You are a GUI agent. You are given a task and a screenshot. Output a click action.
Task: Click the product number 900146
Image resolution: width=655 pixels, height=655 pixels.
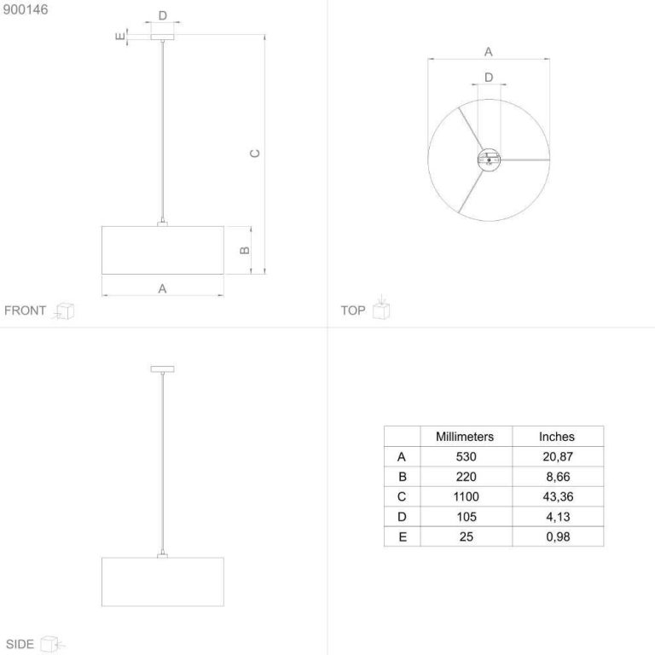[26, 9]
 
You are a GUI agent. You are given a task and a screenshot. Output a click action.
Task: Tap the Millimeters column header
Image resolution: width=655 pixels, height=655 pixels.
[465, 437]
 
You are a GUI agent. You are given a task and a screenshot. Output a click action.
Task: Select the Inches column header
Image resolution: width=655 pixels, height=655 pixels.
[557, 437]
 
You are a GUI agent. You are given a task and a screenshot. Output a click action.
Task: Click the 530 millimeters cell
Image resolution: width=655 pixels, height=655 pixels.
[467, 456]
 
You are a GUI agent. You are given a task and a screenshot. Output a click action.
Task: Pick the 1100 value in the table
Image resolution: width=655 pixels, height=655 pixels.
[467, 496]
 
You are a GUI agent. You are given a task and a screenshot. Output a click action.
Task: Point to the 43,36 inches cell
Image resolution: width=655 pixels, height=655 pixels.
[558, 496]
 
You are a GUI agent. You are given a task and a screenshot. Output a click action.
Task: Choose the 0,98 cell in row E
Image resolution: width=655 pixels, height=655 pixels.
[558, 536]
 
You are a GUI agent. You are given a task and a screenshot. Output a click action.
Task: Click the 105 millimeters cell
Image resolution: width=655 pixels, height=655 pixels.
[467, 517]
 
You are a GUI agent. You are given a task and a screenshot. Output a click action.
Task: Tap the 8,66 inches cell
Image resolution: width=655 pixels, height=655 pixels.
[558, 477]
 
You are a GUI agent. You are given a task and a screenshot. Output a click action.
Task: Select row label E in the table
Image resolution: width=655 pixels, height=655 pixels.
[403, 536]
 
